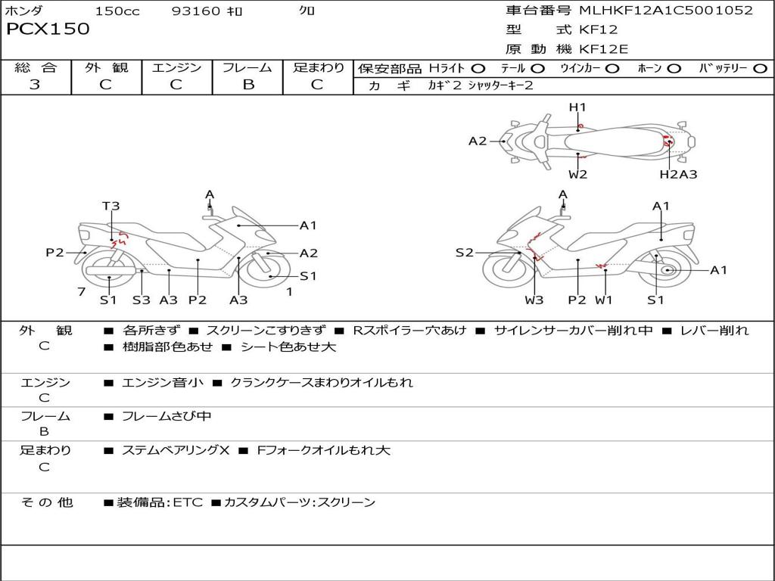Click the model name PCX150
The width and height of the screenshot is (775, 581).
(48, 30)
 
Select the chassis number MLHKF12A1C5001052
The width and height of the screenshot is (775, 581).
(666, 11)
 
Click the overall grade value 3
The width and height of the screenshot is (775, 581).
(35, 85)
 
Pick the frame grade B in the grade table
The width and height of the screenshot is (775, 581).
(247, 85)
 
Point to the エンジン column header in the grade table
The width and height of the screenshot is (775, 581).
(176, 68)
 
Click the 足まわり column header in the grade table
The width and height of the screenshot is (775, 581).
(318, 68)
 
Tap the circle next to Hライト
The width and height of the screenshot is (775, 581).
(478, 69)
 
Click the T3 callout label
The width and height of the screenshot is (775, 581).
(111, 206)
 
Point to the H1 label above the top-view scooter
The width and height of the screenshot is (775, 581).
(577, 107)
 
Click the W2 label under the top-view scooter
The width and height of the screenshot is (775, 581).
(578, 175)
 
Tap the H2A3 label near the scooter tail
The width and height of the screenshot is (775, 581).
(678, 175)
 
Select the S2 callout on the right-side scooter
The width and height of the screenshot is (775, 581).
(464, 253)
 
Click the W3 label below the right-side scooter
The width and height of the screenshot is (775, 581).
(534, 300)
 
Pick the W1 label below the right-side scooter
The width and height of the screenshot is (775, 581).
(603, 300)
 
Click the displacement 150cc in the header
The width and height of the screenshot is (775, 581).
(117, 11)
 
